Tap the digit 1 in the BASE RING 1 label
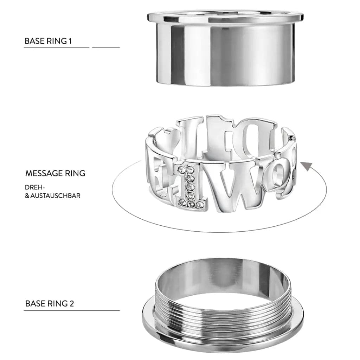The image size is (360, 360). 70,41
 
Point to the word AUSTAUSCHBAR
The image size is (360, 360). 55,195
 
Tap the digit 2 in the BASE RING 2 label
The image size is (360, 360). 72,304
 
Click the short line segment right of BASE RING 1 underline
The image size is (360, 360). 106,47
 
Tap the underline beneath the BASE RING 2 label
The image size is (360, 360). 72,310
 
